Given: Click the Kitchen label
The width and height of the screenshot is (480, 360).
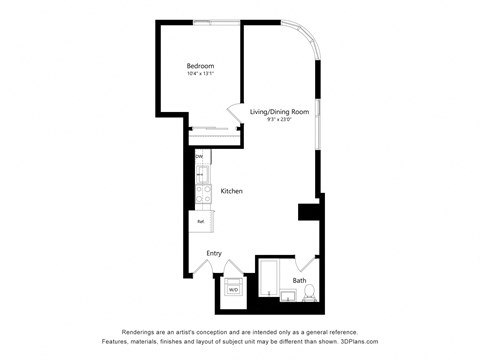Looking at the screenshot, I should pyautogui.click(x=232, y=191).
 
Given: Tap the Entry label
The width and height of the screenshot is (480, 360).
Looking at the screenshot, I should pyautogui.click(x=214, y=253).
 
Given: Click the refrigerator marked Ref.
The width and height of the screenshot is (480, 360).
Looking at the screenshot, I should pyautogui.click(x=201, y=221).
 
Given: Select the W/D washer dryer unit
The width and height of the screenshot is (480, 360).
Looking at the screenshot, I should pyautogui.click(x=234, y=288).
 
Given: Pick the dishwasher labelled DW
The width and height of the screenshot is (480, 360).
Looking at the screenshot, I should pyautogui.click(x=199, y=157).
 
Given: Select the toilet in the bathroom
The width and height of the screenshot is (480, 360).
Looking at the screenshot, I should pyautogui.click(x=309, y=293).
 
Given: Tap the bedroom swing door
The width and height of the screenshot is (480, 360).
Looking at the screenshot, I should pyautogui.click(x=235, y=113).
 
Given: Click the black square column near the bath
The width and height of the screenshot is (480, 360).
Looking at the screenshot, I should pyautogui.click(x=308, y=213).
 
